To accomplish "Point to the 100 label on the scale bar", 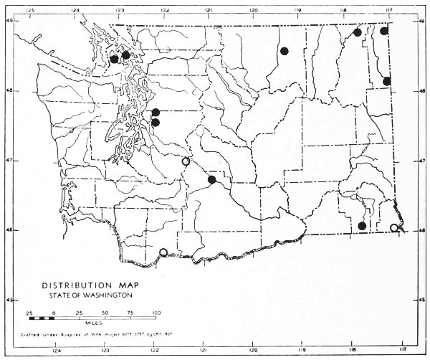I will pyautogui.click(x=156, y=313).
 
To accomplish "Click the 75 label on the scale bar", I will pyautogui.click(x=131, y=313).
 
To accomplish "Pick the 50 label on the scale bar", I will pyautogui.click(x=105, y=313).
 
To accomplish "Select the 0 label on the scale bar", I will pyautogui.click(x=54, y=313).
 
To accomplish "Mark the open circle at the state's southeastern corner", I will pyautogui.click(x=393, y=228).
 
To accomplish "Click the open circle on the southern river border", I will pyautogui.click(x=163, y=252).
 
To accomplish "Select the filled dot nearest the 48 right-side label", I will pyautogui.click(x=387, y=81).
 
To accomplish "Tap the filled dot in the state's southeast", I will pyautogui.click(x=362, y=226).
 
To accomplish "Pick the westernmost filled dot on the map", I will pyautogui.click(x=114, y=60).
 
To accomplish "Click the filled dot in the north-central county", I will pyautogui.click(x=285, y=51).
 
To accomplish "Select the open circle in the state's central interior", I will pyautogui.click(x=186, y=161).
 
